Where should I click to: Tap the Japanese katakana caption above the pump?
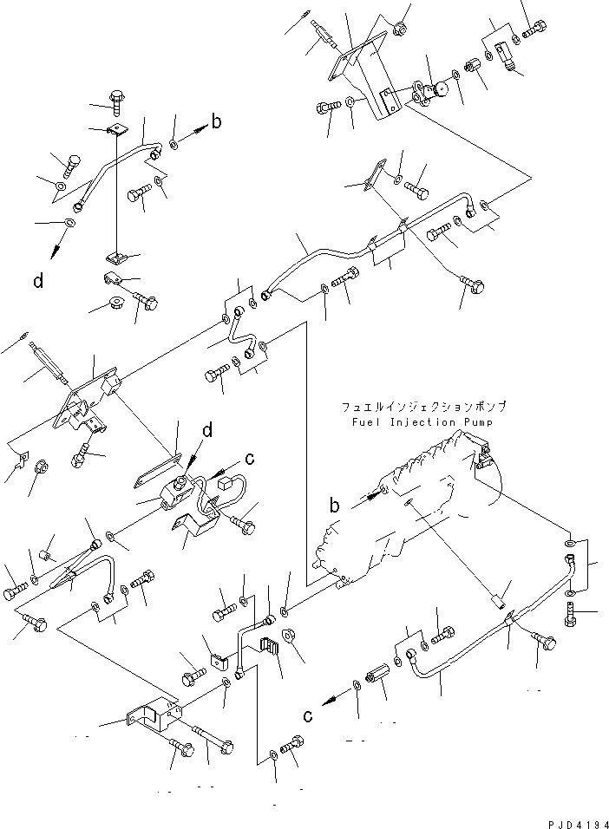click(x=422, y=406)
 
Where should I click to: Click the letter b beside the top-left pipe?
click(x=216, y=121)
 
